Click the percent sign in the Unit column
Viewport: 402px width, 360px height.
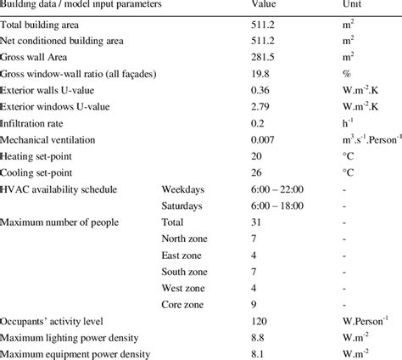[335, 74]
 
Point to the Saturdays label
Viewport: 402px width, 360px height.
[182, 205]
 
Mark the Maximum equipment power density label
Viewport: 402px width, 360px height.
[75, 353]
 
